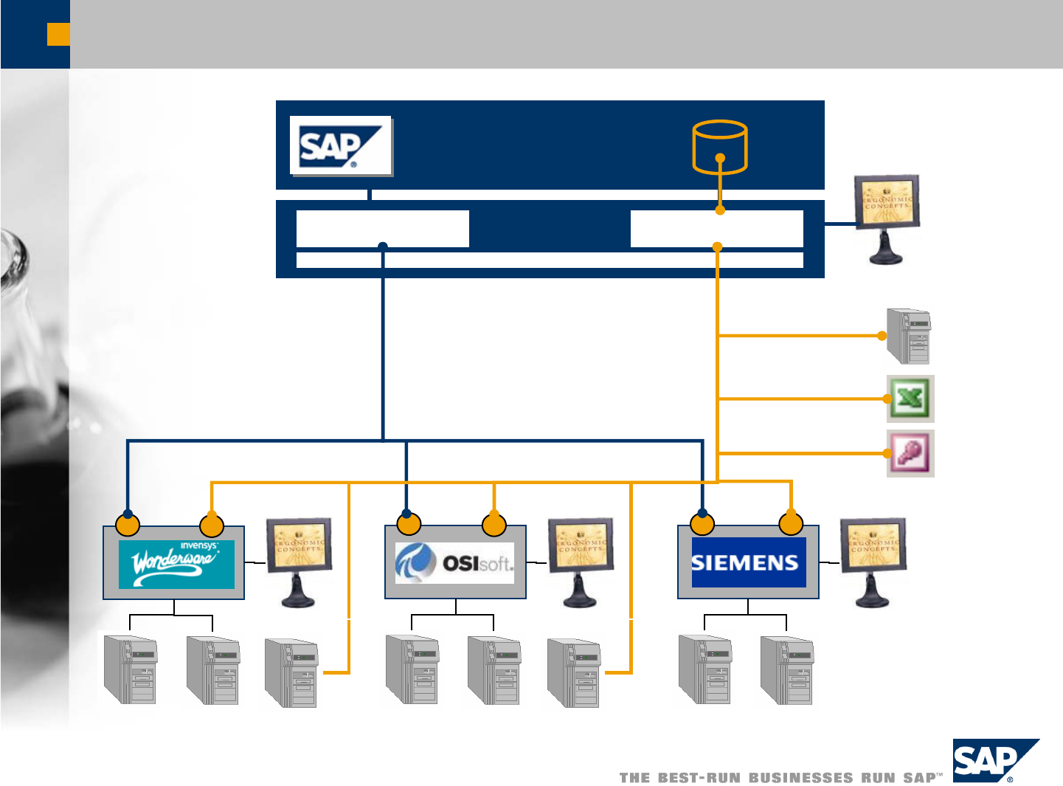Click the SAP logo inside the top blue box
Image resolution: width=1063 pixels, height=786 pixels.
pyautogui.click(x=340, y=145)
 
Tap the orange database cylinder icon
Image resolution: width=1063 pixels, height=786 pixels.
pyautogui.click(x=720, y=146)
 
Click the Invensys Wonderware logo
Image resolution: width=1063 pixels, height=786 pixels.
pyautogui.click(x=176, y=565)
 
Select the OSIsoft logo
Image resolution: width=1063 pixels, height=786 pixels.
pyautogui.click(x=454, y=563)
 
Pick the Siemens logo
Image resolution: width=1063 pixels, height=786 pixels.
pyautogui.click(x=748, y=563)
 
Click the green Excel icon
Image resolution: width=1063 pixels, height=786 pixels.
pyautogui.click(x=910, y=399)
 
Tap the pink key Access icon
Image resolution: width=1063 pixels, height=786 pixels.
pyautogui.click(x=910, y=453)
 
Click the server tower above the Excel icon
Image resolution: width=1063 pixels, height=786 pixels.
pyautogui.click(x=909, y=337)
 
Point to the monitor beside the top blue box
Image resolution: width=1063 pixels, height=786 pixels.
pyautogui.click(x=887, y=218)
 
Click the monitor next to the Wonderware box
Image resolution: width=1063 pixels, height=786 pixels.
pyautogui.click(x=299, y=561)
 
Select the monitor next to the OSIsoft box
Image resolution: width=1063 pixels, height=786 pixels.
pyautogui.click(x=581, y=561)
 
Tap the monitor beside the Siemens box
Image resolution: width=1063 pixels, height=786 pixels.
pyautogui.click(x=873, y=561)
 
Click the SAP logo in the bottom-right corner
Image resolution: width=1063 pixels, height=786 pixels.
pyautogui.click(x=995, y=761)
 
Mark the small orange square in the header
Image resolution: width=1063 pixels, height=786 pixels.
pyautogui.click(x=58, y=35)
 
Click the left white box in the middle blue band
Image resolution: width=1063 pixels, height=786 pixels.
pyautogui.click(x=382, y=228)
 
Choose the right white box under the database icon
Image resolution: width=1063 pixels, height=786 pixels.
pyautogui.click(x=716, y=228)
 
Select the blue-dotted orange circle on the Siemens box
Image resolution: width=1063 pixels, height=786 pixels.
pyautogui.click(x=702, y=524)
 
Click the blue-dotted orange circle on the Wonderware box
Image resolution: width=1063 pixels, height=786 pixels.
pyautogui.click(x=128, y=525)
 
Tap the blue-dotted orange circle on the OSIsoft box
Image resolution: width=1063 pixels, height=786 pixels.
pyautogui.click(x=409, y=524)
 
